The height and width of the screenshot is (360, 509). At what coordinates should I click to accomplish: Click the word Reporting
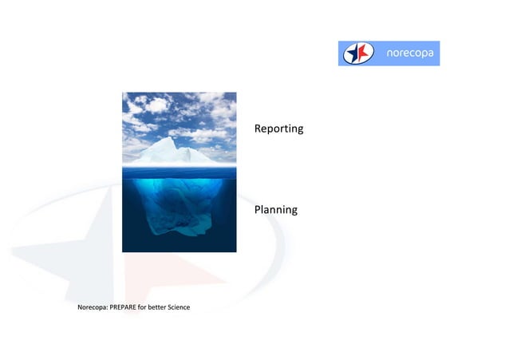click(x=278, y=129)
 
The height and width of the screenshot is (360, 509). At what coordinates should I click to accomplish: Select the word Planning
click(x=275, y=210)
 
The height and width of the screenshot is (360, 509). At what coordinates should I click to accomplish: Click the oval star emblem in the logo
click(x=358, y=53)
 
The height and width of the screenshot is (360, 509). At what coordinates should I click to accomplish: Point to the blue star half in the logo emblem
click(x=353, y=53)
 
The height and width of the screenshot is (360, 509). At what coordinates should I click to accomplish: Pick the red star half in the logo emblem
click(x=363, y=53)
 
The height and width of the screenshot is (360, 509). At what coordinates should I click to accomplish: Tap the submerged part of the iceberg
click(x=177, y=204)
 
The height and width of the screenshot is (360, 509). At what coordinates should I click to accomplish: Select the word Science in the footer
click(x=176, y=307)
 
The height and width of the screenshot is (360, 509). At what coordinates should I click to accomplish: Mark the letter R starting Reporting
click(x=258, y=129)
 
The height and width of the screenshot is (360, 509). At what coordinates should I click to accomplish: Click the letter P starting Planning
click(x=258, y=210)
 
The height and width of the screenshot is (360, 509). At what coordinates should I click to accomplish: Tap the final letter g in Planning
click(x=294, y=212)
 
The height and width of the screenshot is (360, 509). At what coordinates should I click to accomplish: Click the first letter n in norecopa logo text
click(x=389, y=53)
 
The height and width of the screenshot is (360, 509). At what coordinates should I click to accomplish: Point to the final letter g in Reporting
click(x=300, y=130)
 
